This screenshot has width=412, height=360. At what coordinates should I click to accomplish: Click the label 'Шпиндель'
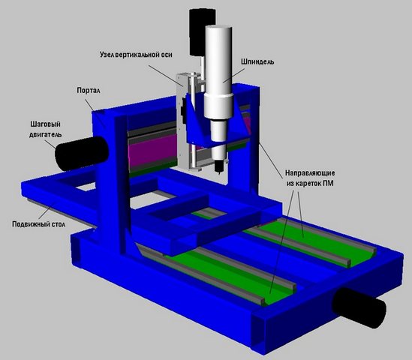point(257,61)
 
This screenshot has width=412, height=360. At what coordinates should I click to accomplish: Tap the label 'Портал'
point(89,91)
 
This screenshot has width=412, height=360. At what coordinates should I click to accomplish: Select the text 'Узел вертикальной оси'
point(136,55)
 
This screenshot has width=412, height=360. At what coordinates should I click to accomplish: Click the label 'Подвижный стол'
point(38,224)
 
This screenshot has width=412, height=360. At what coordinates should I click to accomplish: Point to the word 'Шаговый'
point(45,124)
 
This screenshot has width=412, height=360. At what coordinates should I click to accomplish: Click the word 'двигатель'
point(45,134)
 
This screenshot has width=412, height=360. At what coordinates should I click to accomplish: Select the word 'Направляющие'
point(310,173)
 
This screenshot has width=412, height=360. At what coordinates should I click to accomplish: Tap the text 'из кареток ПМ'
point(310,183)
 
